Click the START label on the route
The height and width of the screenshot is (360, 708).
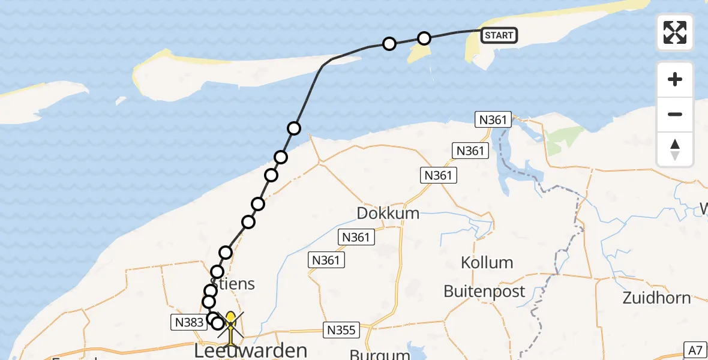[x=499, y=35]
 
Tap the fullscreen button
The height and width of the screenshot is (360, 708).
[x=675, y=32]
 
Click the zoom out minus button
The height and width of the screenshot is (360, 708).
[x=675, y=114]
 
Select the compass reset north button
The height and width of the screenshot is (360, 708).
[x=675, y=149]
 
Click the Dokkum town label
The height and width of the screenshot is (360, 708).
[x=388, y=214]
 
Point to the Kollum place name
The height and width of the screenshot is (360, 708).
[x=487, y=262]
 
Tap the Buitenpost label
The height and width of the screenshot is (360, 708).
[x=484, y=292]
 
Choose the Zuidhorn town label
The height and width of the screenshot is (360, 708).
[x=656, y=297]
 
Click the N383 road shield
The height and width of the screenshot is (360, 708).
[x=188, y=323]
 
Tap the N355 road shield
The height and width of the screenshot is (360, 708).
[x=341, y=329]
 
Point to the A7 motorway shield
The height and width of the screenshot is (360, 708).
[x=695, y=349]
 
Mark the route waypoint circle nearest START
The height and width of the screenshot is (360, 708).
[x=424, y=38]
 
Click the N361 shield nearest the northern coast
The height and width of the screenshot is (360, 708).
[x=493, y=119]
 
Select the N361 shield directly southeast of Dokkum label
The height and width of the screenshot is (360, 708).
[x=356, y=238]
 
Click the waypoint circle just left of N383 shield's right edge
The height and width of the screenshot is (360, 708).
[x=212, y=318]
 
